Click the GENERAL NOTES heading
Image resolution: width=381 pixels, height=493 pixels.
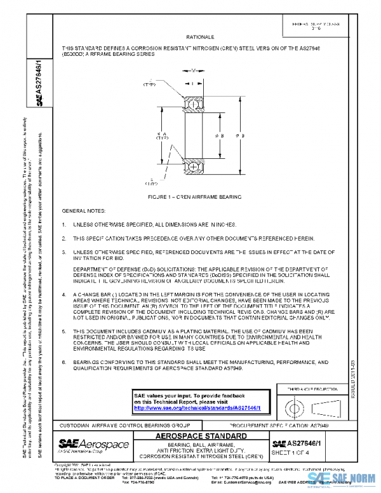coord(84,210)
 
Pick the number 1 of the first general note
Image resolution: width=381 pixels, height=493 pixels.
coord(63,225)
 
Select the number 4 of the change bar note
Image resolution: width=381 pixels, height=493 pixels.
coord(63,295)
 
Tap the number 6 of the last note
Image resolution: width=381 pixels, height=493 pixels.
coord(63,362)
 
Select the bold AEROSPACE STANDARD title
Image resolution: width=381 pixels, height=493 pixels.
coord(200,436)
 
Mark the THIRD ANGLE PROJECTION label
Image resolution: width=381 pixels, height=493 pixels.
coord(305,388)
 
